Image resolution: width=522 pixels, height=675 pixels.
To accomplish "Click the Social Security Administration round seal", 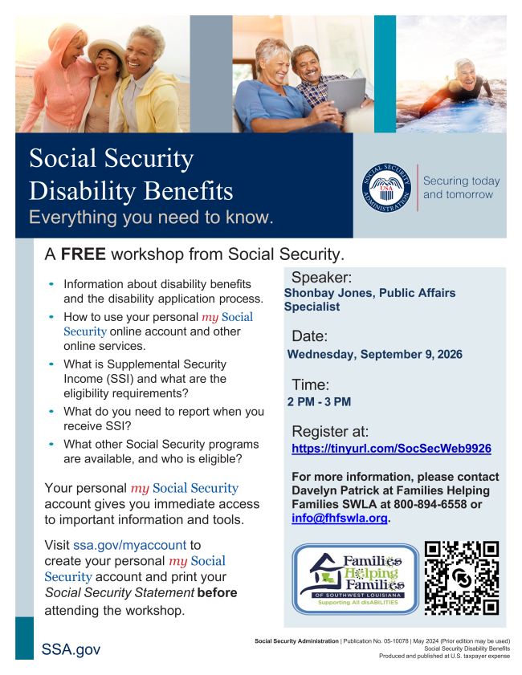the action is [386, 188].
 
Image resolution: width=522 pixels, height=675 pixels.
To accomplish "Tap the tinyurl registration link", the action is [391, 448].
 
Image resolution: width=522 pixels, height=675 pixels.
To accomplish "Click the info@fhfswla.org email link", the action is [340, 518].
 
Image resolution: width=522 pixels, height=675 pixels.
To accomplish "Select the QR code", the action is [462, 578].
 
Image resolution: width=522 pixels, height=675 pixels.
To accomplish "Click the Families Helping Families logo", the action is [355, 578].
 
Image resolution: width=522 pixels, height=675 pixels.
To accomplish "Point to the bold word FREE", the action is [84, 254].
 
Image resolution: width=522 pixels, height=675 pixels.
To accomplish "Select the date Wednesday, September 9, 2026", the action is [375, 354].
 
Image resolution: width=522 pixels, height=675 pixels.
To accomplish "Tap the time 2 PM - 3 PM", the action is [319, 401].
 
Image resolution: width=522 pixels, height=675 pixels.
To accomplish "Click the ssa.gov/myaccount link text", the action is [129, 545].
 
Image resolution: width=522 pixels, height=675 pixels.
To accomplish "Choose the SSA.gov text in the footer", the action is [71, 649].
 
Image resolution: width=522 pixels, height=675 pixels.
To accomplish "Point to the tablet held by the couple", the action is [347, 94].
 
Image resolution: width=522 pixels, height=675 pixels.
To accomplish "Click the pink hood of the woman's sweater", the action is [67, 40].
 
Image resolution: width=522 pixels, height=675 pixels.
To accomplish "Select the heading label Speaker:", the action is [322, 277].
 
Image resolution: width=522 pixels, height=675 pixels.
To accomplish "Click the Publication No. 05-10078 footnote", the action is [375, 641].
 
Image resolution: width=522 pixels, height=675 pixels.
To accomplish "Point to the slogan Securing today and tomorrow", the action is [461, 187].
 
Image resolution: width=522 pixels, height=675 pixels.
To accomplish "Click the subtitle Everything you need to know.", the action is [151, 217].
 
